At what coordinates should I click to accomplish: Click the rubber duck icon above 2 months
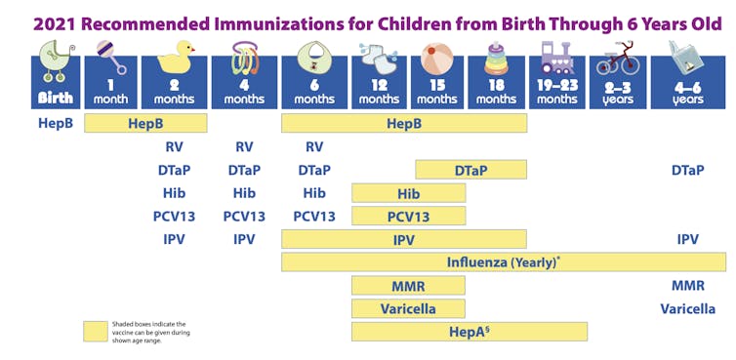coord(175,61)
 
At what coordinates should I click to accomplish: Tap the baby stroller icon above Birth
coord(55,64)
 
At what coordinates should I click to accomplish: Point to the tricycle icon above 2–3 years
coord(617,60)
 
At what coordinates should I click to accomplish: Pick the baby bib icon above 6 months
coord(314,61)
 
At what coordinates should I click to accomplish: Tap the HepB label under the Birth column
coord(56,124)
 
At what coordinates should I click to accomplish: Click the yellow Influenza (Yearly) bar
coord(503,262)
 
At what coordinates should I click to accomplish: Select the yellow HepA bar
coord(469,332)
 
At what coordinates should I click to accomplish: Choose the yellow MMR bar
coord(408,286)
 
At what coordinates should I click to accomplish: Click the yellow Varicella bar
coord(408,309)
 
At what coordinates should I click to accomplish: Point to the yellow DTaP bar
coord(470,170)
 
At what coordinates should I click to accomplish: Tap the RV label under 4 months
coord(244,147)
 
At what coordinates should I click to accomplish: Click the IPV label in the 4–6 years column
coord(687,239)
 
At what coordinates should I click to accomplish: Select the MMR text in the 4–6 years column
coord(687,286)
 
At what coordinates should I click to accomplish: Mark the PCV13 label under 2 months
coord(174,217)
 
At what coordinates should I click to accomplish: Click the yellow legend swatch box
coord(96,332)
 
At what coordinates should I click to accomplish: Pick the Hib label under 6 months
coord(314,193)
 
